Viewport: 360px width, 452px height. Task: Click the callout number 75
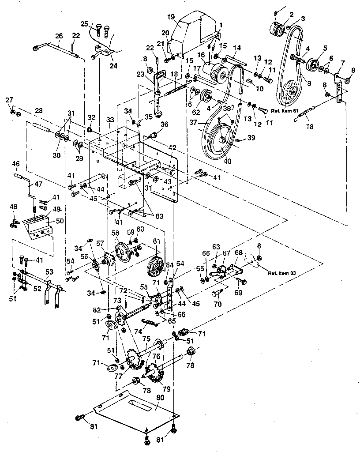[146, 339]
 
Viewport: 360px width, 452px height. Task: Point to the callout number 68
[239, 253]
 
